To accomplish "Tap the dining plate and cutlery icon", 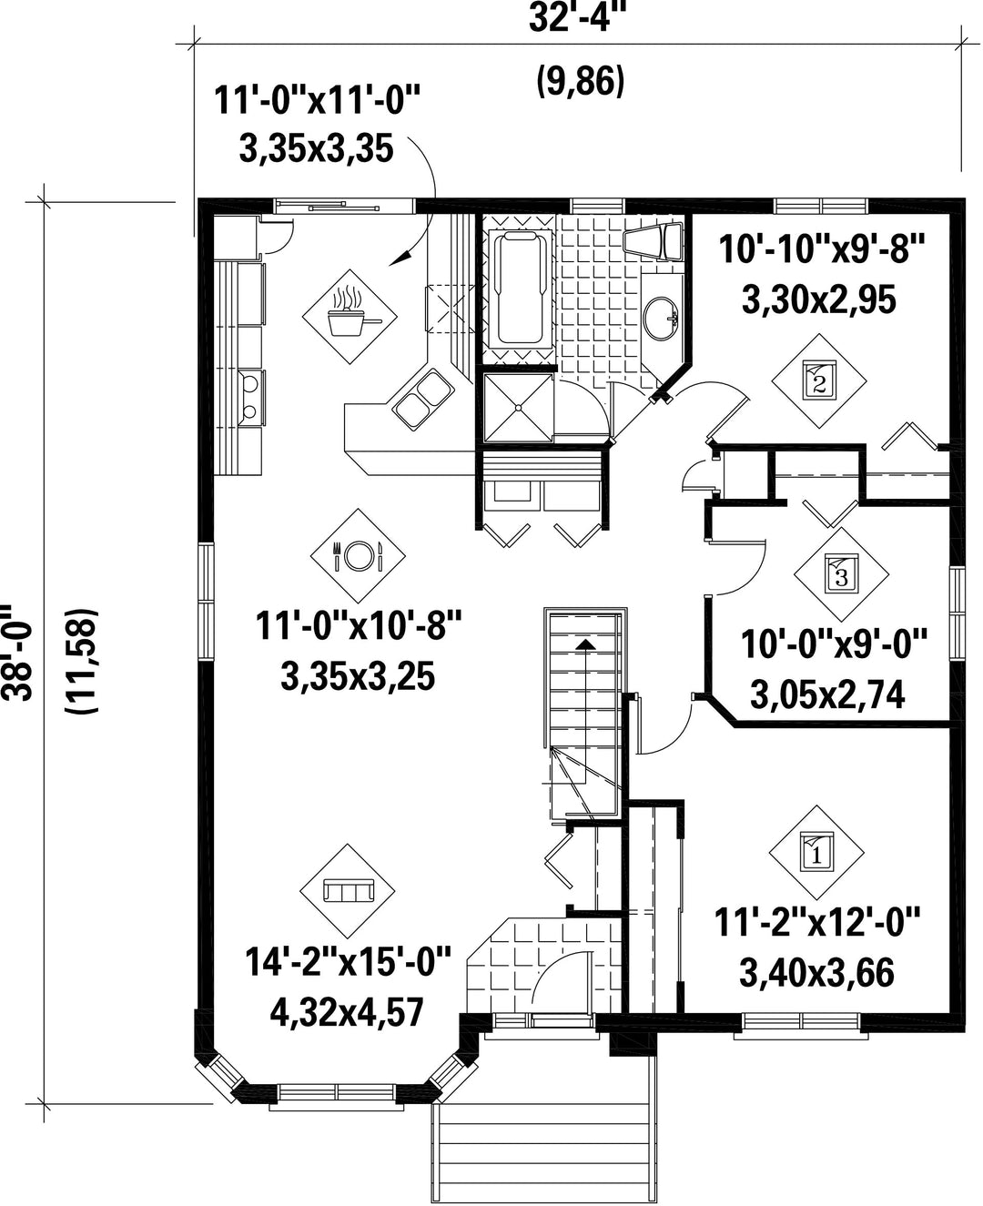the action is tap(358, 555).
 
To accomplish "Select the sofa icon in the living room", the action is tap(347, 891).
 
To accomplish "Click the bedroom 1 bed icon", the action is tap(816, 853).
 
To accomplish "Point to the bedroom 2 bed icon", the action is tap(819, 380).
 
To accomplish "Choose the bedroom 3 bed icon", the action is tap(841, 574).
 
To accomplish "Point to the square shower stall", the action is tap(518, 407).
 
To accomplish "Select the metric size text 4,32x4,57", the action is tap(347, 1013).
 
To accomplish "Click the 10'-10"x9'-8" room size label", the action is tap(821, 249).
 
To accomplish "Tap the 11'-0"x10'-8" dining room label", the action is tap(359, 625).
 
